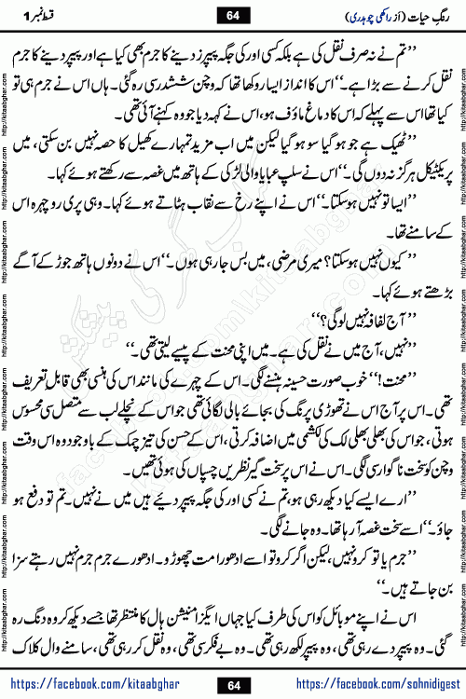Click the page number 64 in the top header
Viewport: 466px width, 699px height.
(232, 13)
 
